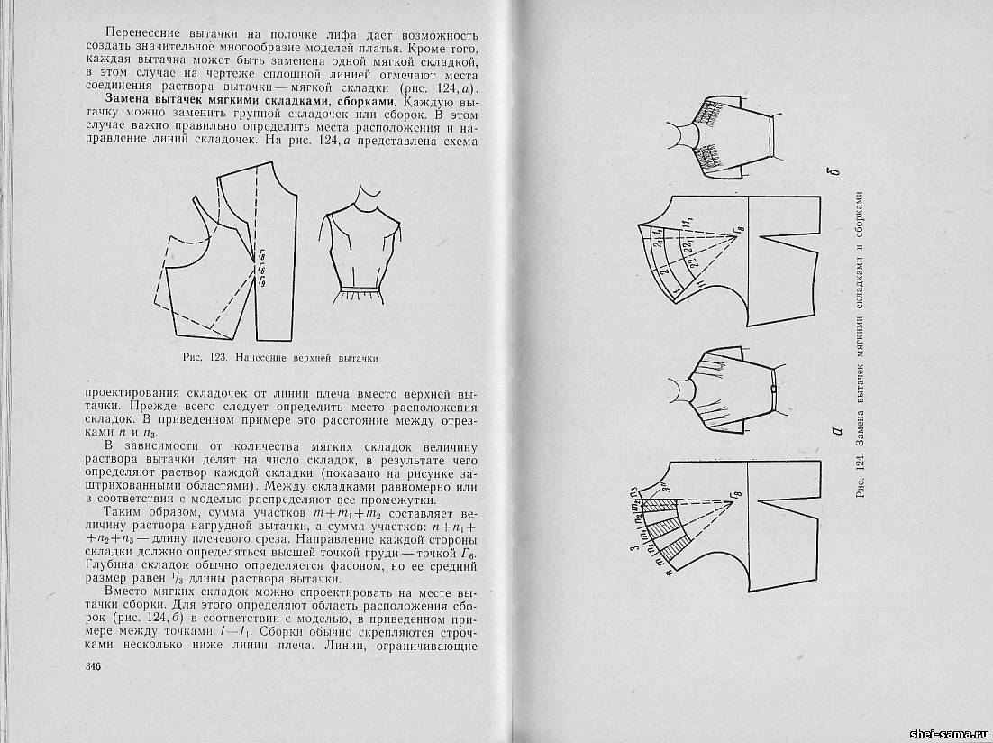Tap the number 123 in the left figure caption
pos(215,358)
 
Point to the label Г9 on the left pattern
pos(262,283)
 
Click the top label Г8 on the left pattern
pos(262,257)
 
